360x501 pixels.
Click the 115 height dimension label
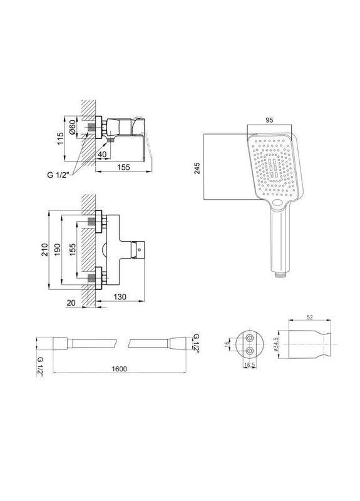tap(60, 138)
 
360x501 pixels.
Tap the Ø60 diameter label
tap(72, 127)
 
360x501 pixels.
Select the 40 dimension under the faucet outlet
tap(102, 154)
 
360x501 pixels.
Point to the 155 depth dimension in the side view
tap(123, 167)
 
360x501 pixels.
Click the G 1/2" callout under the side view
tap(58, 175)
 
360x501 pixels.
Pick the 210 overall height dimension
tap(44, 250)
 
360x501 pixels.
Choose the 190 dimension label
tap(57, 250)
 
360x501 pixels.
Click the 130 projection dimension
tap(120, 296)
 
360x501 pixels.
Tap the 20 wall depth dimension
tap(71, 302)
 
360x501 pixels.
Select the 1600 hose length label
tap(119, 369)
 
